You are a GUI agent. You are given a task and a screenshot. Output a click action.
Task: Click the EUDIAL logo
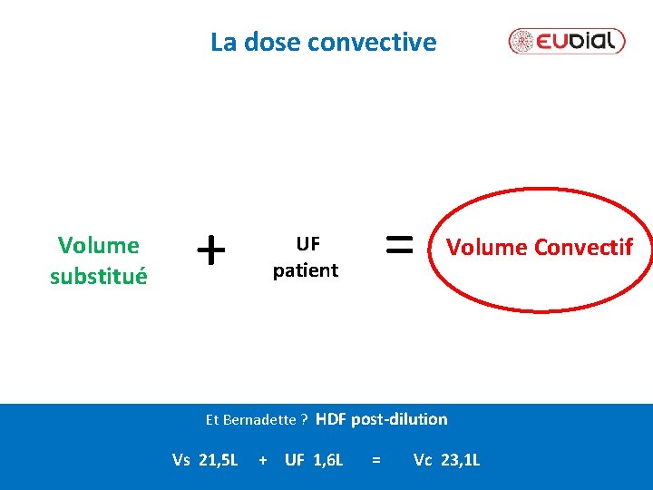point(567,41)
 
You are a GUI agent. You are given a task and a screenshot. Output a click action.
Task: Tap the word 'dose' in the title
point(274,42)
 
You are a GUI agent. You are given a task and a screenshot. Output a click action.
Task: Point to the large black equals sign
point(400,242)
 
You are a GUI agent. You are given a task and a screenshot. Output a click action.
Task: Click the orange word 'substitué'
point(98,277)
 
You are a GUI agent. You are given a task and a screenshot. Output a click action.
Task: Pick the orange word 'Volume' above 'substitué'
point(98,245)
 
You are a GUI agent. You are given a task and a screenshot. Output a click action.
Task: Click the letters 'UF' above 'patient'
point(307,243)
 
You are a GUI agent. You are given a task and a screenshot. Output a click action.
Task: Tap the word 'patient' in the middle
point(306,269)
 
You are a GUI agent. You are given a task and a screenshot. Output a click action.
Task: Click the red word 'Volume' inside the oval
point(481,247)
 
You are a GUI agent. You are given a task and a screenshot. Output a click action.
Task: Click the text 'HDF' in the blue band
point(331,418)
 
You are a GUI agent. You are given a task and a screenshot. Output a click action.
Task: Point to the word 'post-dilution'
point(399,418)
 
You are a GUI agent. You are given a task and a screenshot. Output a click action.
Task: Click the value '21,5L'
point(218,460)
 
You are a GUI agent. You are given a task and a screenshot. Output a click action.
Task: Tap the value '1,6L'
point(327,460)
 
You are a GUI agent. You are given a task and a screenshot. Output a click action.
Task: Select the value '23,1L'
point(460,460)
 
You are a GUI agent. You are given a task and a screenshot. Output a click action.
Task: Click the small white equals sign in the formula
point(375,461)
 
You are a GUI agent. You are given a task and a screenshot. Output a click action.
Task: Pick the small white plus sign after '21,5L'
point(263,461)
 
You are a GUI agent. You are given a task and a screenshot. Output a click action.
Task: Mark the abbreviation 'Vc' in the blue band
point(423,460)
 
